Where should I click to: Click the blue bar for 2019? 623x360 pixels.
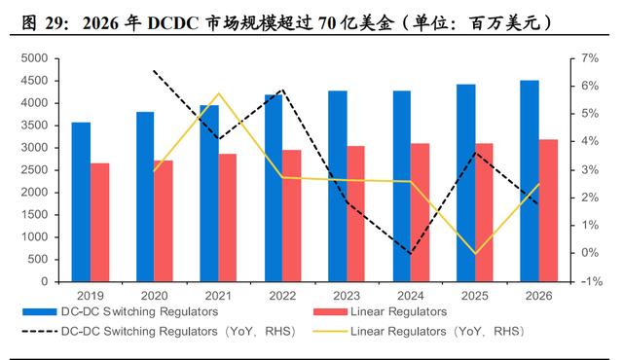pyautogui.click(x=81, y=202)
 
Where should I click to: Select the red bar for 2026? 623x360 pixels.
pyautogui.click(x=548, y=211)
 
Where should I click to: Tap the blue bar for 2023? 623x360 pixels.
pyautogui.click(x=338, y=186)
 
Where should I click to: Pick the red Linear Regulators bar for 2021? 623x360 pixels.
pyautogui.click(x=227, y=218)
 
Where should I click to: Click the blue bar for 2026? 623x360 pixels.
pyautogui.click(x=530, y=181)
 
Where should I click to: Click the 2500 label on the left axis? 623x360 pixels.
pyautogui.click(x=34, y=170)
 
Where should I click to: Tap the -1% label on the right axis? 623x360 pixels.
pyautogui.click(x=592, y=281)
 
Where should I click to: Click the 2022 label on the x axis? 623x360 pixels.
pyautogui.click(x=282, y=296)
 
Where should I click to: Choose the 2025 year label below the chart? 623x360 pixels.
pyautogui.click(x=475, y=296)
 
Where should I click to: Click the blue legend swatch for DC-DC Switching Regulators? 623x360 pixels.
pyautogui.click(x=40, y=312)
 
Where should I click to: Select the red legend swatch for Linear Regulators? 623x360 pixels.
pyautogui.click(x=330, y=312)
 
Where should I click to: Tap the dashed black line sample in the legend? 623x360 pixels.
pyautogui.click(x=40, y=331)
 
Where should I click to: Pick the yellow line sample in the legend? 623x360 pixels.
pyautogui.click(x=330, y=331)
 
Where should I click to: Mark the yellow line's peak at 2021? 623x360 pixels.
pyautogui.click(x=218, y=93)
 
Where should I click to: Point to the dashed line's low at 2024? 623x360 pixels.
pyautogui.click(x=411, y=253)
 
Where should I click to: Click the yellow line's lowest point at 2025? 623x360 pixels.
pyautogui.click(x=475, y=254)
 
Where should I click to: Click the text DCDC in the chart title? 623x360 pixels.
pyautogui.click(x=173, y=23)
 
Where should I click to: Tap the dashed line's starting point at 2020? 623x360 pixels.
pyautogui.click(x=154, y=71)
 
